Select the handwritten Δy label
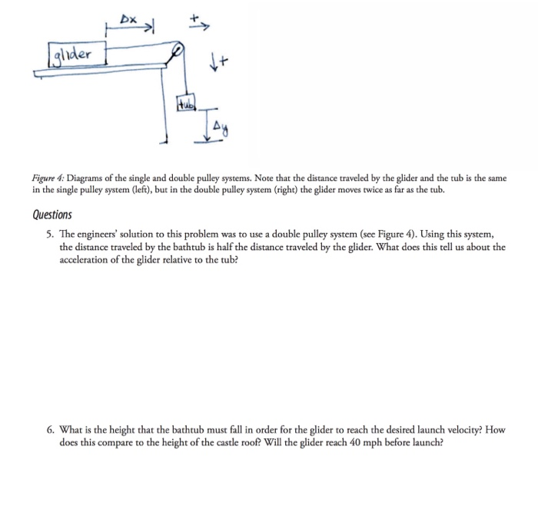point(223,122)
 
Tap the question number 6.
point(49,430)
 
